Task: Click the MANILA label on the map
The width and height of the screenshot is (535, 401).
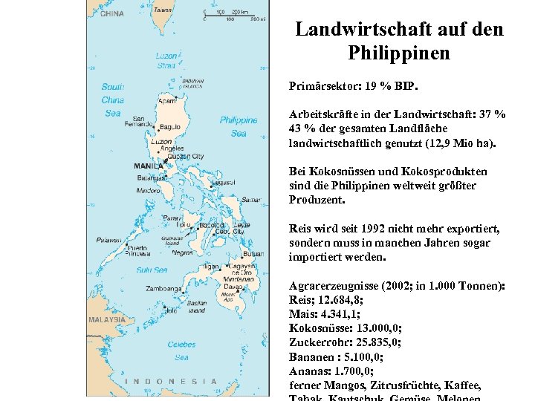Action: point(148,165)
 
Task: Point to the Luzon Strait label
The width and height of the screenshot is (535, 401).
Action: point(166,61)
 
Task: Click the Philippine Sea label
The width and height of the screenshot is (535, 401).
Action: point(239,126)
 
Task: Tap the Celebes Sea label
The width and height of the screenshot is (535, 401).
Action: point(181,351)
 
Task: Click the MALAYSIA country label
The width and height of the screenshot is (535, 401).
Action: point(107,319)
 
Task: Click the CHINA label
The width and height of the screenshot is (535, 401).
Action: point(111,13)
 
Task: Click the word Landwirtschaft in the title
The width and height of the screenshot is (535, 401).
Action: point(361,30)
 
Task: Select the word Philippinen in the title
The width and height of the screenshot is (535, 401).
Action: point(398,53)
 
